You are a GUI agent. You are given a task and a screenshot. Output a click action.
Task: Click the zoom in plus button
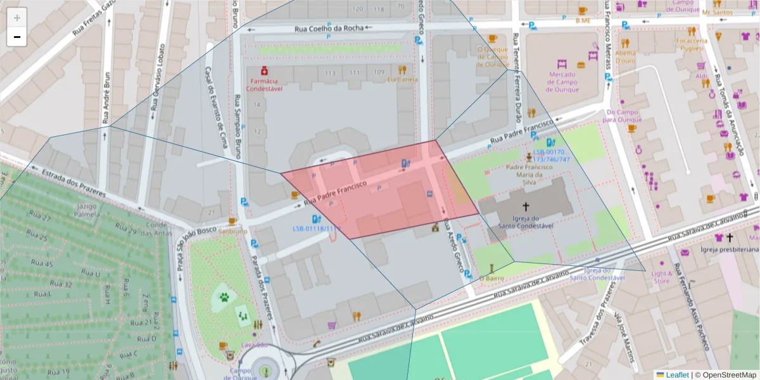[x=17, y=17]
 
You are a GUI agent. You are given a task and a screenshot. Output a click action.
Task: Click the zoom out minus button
[x=17, y=37]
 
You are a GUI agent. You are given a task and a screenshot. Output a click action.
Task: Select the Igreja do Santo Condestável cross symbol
[x=525, y=206]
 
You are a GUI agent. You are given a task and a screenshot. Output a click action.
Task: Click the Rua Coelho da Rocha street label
[x=329, y=28]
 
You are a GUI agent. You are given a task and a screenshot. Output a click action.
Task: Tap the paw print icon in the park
[x=224, y=296]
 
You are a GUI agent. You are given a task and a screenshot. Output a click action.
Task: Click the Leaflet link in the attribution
[x=677, y=375]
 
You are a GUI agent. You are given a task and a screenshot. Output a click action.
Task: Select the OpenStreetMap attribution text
[x=726, y=375]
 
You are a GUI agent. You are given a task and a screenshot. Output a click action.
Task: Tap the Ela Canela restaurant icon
[x=402, y=70]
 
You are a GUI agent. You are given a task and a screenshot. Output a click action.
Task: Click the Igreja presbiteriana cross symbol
[x=729, y=238]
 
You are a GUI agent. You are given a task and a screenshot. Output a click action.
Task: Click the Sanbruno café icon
[x=232, y=221]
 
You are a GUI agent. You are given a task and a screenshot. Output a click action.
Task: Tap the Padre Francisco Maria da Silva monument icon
[x=529, y=156]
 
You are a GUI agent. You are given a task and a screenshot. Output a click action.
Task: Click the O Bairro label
[x=491, y=277]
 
